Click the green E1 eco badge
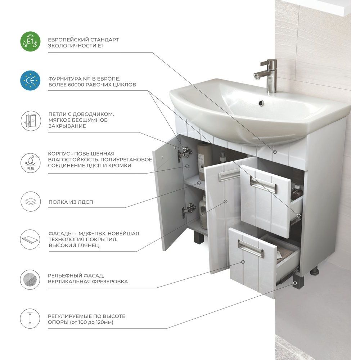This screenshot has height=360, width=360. tap(30, 41)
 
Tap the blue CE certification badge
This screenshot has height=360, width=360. tap(30, 81)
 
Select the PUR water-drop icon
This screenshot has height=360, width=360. tap(31, 163)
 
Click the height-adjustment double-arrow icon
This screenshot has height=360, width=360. tap(30, 319)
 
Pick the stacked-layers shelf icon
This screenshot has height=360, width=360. tap(31, 202)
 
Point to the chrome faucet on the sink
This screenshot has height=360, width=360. tap(268, 76)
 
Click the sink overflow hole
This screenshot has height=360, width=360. tap(261, 103)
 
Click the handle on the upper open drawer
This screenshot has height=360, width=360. tap(264, 184)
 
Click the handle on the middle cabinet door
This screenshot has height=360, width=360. tap(229, 175)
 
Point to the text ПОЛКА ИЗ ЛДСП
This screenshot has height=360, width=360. tap(71, 202)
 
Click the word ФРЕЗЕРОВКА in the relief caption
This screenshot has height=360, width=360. tap(109, 282)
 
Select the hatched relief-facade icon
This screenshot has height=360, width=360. tap(30, 279)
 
